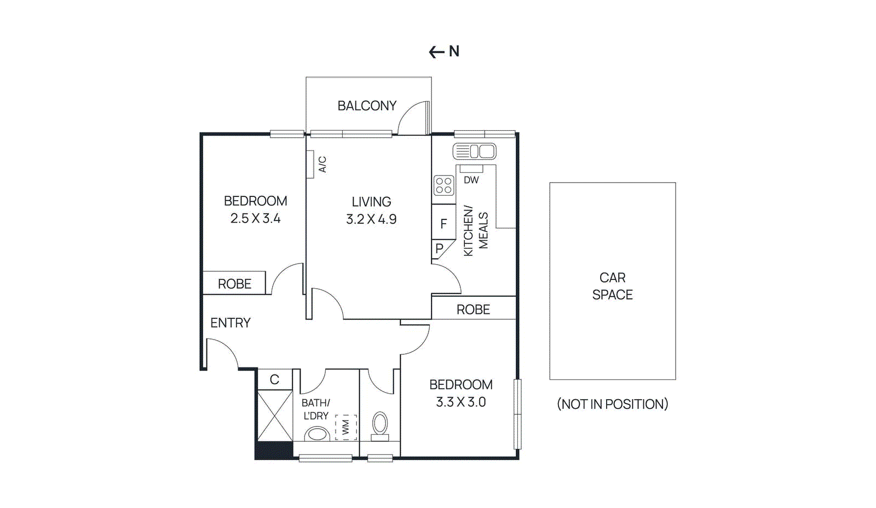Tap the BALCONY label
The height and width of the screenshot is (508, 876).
(367, 106)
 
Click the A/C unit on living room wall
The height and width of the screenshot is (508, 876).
(310, 164)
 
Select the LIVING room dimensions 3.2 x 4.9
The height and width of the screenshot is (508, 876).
(371, 219)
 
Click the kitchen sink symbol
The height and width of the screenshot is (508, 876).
(474, 151)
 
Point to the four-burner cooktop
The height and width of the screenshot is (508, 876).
(444, 185)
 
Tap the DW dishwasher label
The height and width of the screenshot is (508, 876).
(471, 180)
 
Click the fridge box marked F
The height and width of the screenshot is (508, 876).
(443, 223)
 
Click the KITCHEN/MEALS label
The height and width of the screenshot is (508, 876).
(475, 231)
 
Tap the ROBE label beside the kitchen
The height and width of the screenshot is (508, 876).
(473, 310)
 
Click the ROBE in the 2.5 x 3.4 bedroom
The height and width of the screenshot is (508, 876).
(234, 284)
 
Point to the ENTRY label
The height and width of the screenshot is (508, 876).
(230, 323)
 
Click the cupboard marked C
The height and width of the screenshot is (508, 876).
(275, 379)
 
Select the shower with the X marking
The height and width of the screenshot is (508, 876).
(275, 416)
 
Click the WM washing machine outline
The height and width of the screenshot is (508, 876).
(345, 427)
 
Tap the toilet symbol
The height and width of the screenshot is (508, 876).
(380, 425)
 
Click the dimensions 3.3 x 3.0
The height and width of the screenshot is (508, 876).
(460, 402)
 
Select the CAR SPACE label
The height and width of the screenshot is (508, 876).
(612, 286)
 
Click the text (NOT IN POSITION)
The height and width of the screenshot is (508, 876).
(612, 404)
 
